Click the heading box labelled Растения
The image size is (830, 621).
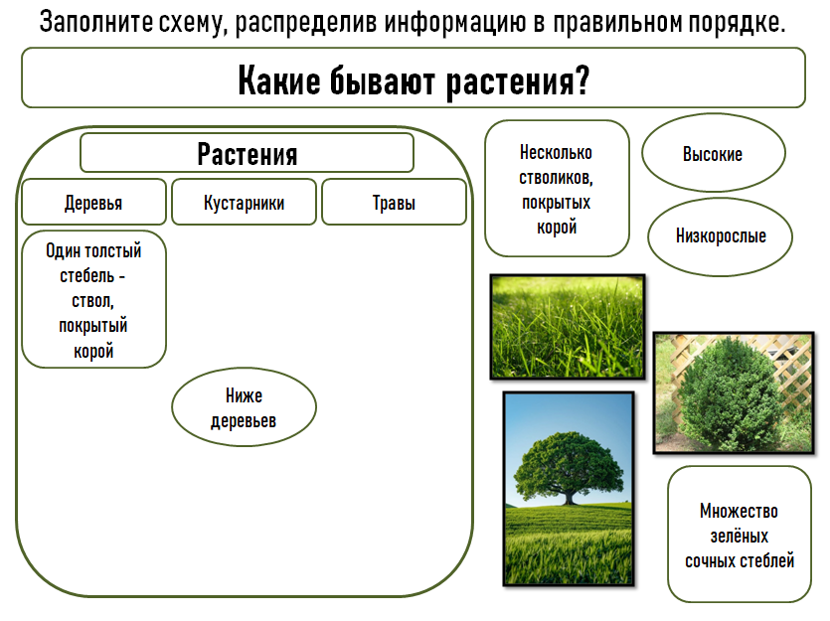(x=247, y=153)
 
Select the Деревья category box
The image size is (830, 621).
(x=93, y=202)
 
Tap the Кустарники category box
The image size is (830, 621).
(x=244, y=202)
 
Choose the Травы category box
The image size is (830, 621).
(x=394, y=202)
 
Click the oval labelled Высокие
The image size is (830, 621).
(x=714, y=153)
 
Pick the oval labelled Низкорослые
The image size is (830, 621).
(x=720, y=236)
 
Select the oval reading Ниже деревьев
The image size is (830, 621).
(x=244, y=407)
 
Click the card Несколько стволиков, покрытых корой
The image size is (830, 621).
(x=557, y=189)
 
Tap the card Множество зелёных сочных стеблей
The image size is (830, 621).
(x=740, y=535)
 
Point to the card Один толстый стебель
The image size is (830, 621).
(x=93, y=299)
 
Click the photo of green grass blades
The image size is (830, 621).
(x=568, y=327)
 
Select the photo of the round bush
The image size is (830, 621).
(x=734, y=393)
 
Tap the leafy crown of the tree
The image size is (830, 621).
(x=568, y=464)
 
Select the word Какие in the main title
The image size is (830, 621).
(x=279, y=80)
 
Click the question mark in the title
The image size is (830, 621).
(x=581, y=79)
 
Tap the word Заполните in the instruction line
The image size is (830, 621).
(x=95, y=22)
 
